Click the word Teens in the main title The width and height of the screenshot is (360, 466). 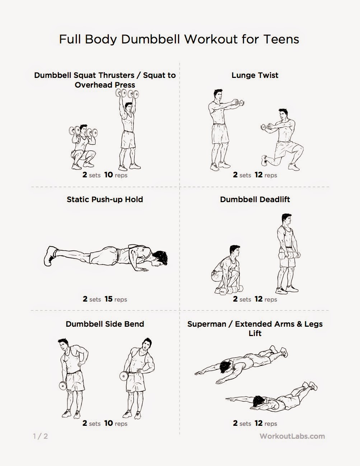(x=281, y=39)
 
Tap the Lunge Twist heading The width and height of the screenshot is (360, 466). (x=255, y=75)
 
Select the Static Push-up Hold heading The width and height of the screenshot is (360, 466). (x=105, y=200)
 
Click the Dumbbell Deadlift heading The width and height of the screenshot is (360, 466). (x=255, y=200)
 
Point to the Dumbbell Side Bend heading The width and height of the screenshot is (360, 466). (x=105, y=324)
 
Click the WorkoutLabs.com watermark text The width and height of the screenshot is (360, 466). (x=292, y=436)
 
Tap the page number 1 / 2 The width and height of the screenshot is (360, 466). (x=41, y=436)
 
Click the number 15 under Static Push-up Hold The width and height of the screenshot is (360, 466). (x=108, y=299)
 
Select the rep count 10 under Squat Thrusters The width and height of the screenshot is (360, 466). (x=108, y=174)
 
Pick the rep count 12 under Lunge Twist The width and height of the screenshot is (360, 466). (x=258, y=174)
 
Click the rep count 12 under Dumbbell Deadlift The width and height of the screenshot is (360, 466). (x=258, y=299)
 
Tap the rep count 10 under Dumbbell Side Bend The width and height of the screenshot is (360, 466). (x=108, y=423)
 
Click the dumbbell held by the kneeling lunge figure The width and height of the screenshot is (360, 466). (x=265, y=127)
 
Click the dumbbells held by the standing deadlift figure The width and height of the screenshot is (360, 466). (x=289, y=255)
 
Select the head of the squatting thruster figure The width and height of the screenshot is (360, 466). (x=83, y=129)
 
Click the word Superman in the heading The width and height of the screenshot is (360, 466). (x=207, y=324)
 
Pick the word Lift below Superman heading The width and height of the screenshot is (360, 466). (x=255, y=333)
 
